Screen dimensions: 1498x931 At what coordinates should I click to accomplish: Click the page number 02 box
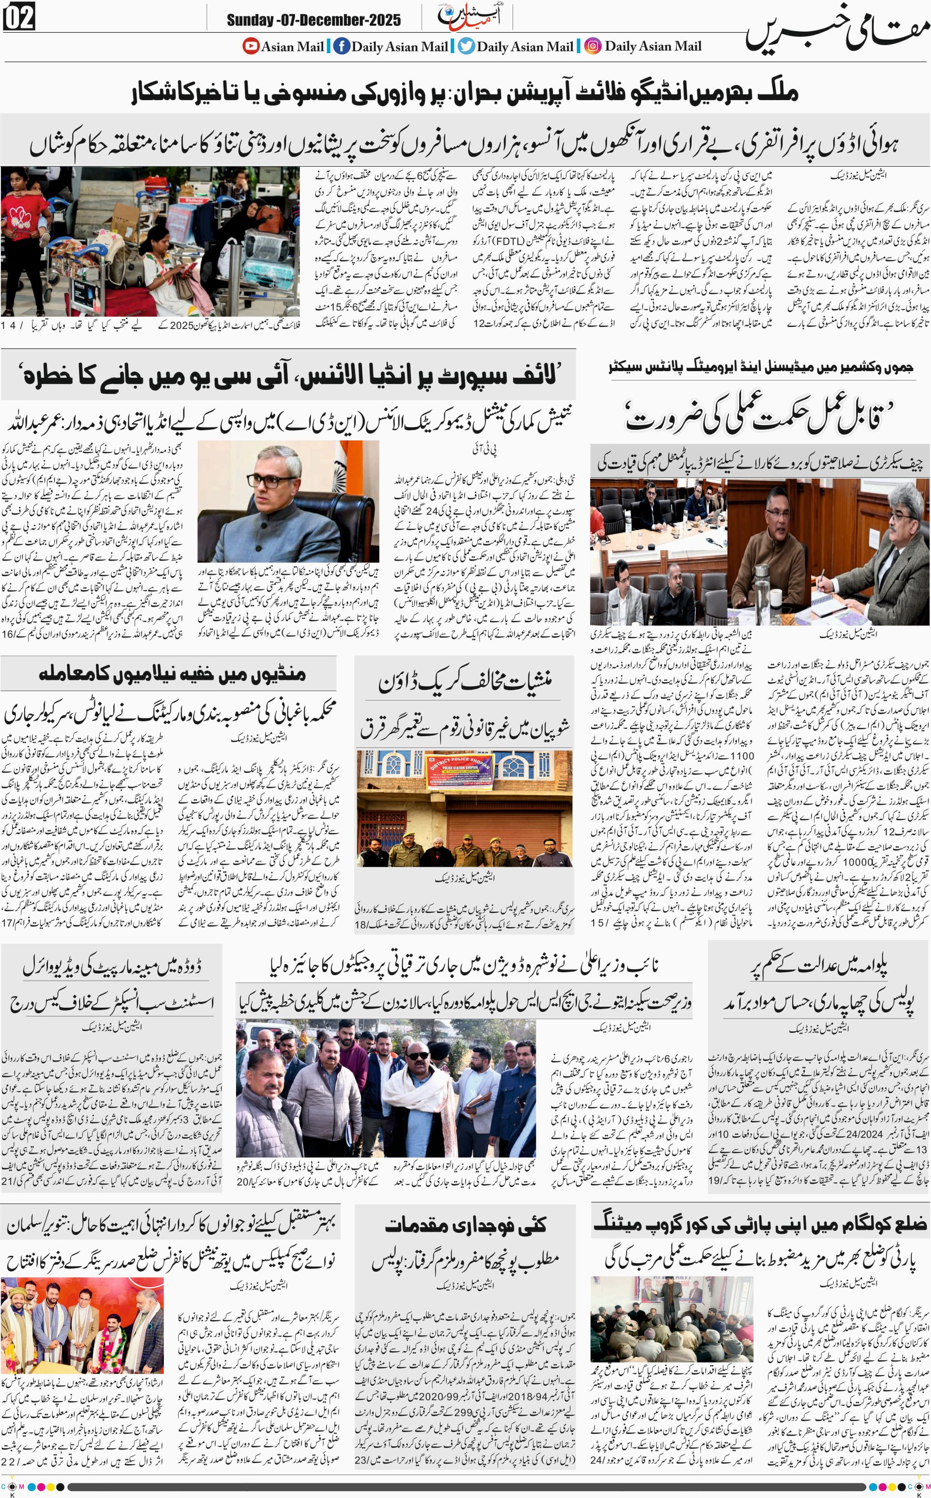point(20,19)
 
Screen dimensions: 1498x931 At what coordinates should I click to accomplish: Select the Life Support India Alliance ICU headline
point(290,375)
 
